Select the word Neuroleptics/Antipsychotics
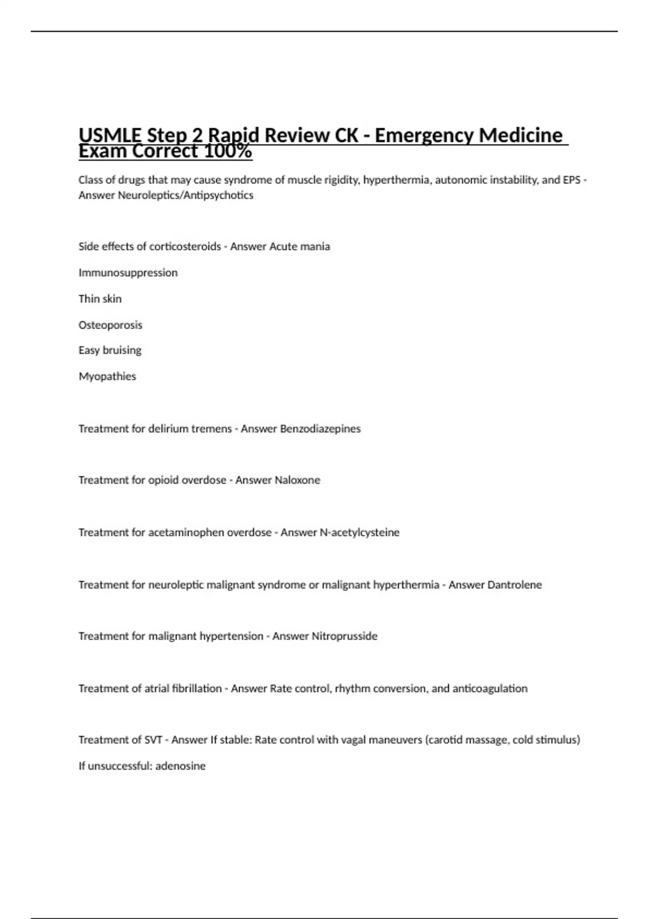186,195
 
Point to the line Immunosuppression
128,272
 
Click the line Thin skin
100,298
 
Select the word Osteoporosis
110,325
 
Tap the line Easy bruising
110,350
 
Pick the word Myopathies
107,376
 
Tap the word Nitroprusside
345,636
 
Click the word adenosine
180,766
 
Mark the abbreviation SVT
153,740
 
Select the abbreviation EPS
572,180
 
